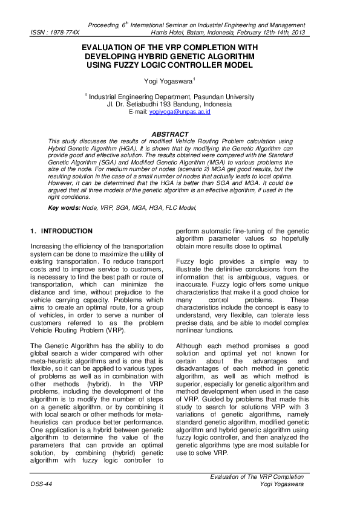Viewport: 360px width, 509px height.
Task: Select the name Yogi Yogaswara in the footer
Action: point(281,485)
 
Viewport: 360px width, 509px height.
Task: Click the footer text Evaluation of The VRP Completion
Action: point(257,478)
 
